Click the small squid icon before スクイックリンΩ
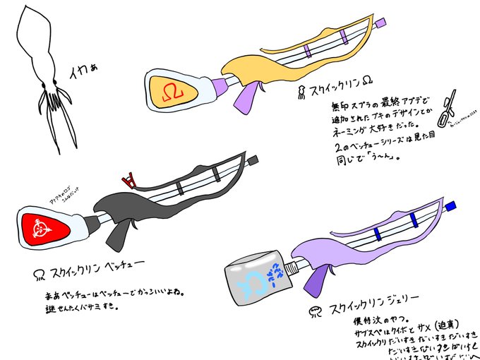click(301, 91)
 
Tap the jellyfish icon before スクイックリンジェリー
click(313, 311)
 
